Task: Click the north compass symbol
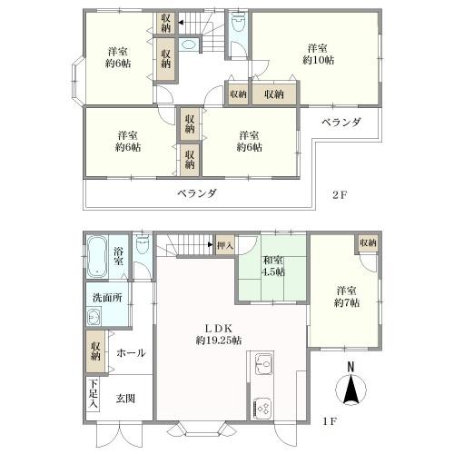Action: coord(350,385)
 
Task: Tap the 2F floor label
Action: coord(340,194)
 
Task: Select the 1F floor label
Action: coord(330,421)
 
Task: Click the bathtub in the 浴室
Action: coord(97,257)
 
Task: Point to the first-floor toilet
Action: coord(143,245)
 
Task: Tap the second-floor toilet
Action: coord(238,22)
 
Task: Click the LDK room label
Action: coord(219,334)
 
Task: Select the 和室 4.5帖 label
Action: coord(273,266)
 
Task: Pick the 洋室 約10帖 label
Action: coord(318,54)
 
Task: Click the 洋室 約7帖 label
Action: coord(347,297)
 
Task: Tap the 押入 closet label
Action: coord(225,245)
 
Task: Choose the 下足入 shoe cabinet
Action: coord(93,393)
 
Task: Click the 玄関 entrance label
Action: coord(125,399)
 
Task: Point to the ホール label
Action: coord(131,352)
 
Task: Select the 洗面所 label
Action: coord(107,298)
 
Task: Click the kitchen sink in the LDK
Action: coord(264,364)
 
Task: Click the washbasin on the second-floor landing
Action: coord(188,45)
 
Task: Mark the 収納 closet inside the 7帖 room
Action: coord(368,242)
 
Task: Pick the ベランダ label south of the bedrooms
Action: coord(197,193)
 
